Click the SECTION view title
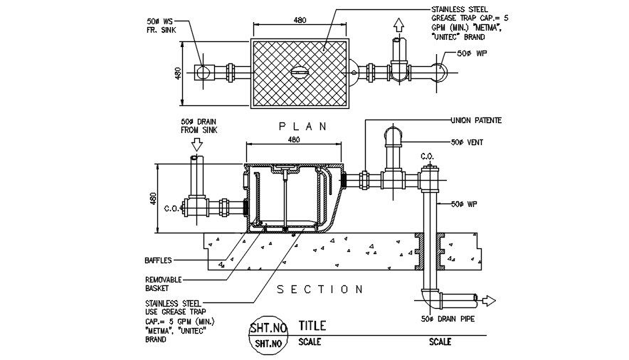[314, 290]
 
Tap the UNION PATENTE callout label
[476, 121]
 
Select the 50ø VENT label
[467, 143]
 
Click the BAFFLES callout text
[159, 260]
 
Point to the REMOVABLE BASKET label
[164, 284]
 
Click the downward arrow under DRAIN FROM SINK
[197, 144]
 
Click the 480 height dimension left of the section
[151, 198]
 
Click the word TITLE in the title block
[312, 326]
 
